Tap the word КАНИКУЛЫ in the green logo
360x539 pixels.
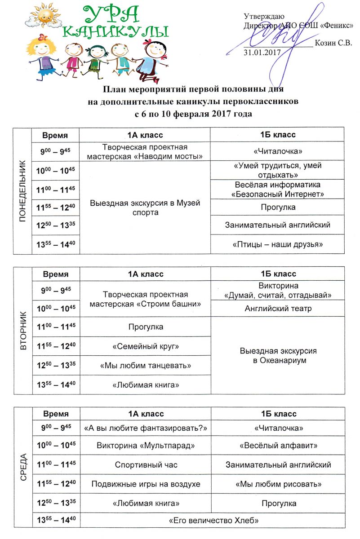[x=116, y=31]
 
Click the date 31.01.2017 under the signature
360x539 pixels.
[x=262, y=52]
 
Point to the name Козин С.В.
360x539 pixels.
[x=333, y=43]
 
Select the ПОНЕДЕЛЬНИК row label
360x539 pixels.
[x=22, y=190]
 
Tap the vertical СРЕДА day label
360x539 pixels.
[x=22, y=468]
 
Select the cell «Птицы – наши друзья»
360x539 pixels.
[x=277, y=244]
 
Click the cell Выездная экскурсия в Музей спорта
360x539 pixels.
[x=145, y=208]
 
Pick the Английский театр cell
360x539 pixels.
[x=277, y=309]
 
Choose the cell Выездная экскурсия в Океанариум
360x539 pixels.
[x=277, y=355]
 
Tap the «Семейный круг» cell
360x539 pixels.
[x=145, y=346]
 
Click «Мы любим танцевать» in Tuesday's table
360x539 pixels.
[x=145, y=366]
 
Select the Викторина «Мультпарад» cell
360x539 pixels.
[x=145, y=446]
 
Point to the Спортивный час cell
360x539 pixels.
[x=145, y=465]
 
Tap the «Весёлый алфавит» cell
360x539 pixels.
[x=277, y=446]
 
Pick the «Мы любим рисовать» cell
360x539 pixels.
[x=277, y=484]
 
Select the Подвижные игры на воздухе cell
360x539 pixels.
[x=145, y=484]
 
